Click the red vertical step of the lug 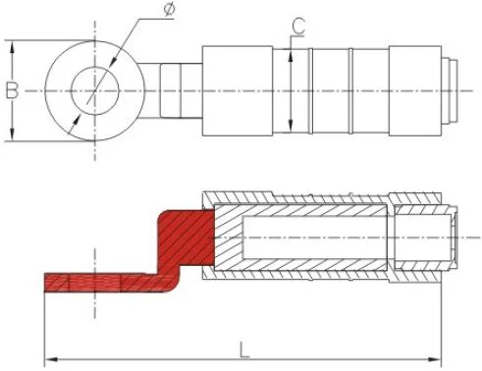coord(177,245)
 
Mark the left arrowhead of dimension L coord(51,356)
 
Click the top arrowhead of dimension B coord(12,45)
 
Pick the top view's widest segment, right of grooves coord(416,90)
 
